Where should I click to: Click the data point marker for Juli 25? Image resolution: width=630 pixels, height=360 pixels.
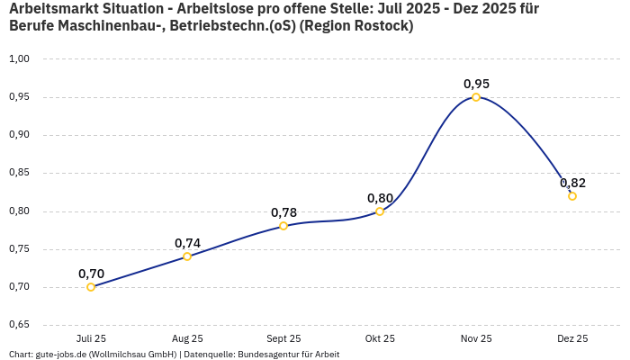[x=91, y=287]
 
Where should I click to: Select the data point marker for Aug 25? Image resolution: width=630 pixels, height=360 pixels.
[x=187, y=256]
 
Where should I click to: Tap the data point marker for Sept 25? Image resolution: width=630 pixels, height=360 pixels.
[x=283, y=226]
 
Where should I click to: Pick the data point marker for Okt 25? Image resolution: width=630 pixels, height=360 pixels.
[x=380, y=211]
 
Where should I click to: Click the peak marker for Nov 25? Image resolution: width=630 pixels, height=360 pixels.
[x=476, y=97]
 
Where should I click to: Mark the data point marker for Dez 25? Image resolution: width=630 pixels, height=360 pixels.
[x=572, y=196]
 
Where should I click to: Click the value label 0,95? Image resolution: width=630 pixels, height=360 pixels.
[x=476, y=84]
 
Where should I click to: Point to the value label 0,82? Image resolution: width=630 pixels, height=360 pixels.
[x=572, y=183]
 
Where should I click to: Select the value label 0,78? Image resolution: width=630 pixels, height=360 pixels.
[x=283, y=212]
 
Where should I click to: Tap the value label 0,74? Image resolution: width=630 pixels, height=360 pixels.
[x=187, y=243]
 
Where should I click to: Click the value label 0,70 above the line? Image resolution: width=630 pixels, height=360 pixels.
[x=91, y=274]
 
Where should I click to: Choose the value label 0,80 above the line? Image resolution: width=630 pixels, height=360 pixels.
[x=380, y=198]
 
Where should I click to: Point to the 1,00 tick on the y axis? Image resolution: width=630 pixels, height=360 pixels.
[x=20, y=58]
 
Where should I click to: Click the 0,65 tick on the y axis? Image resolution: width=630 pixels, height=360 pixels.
[x=20, y=325]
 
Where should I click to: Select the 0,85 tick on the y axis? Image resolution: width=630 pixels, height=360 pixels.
[x=20, y=173]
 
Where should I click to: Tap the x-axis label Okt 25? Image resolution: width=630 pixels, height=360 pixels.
[x=380, y=338]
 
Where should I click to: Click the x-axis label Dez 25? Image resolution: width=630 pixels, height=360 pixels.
[x=572, y=338]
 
